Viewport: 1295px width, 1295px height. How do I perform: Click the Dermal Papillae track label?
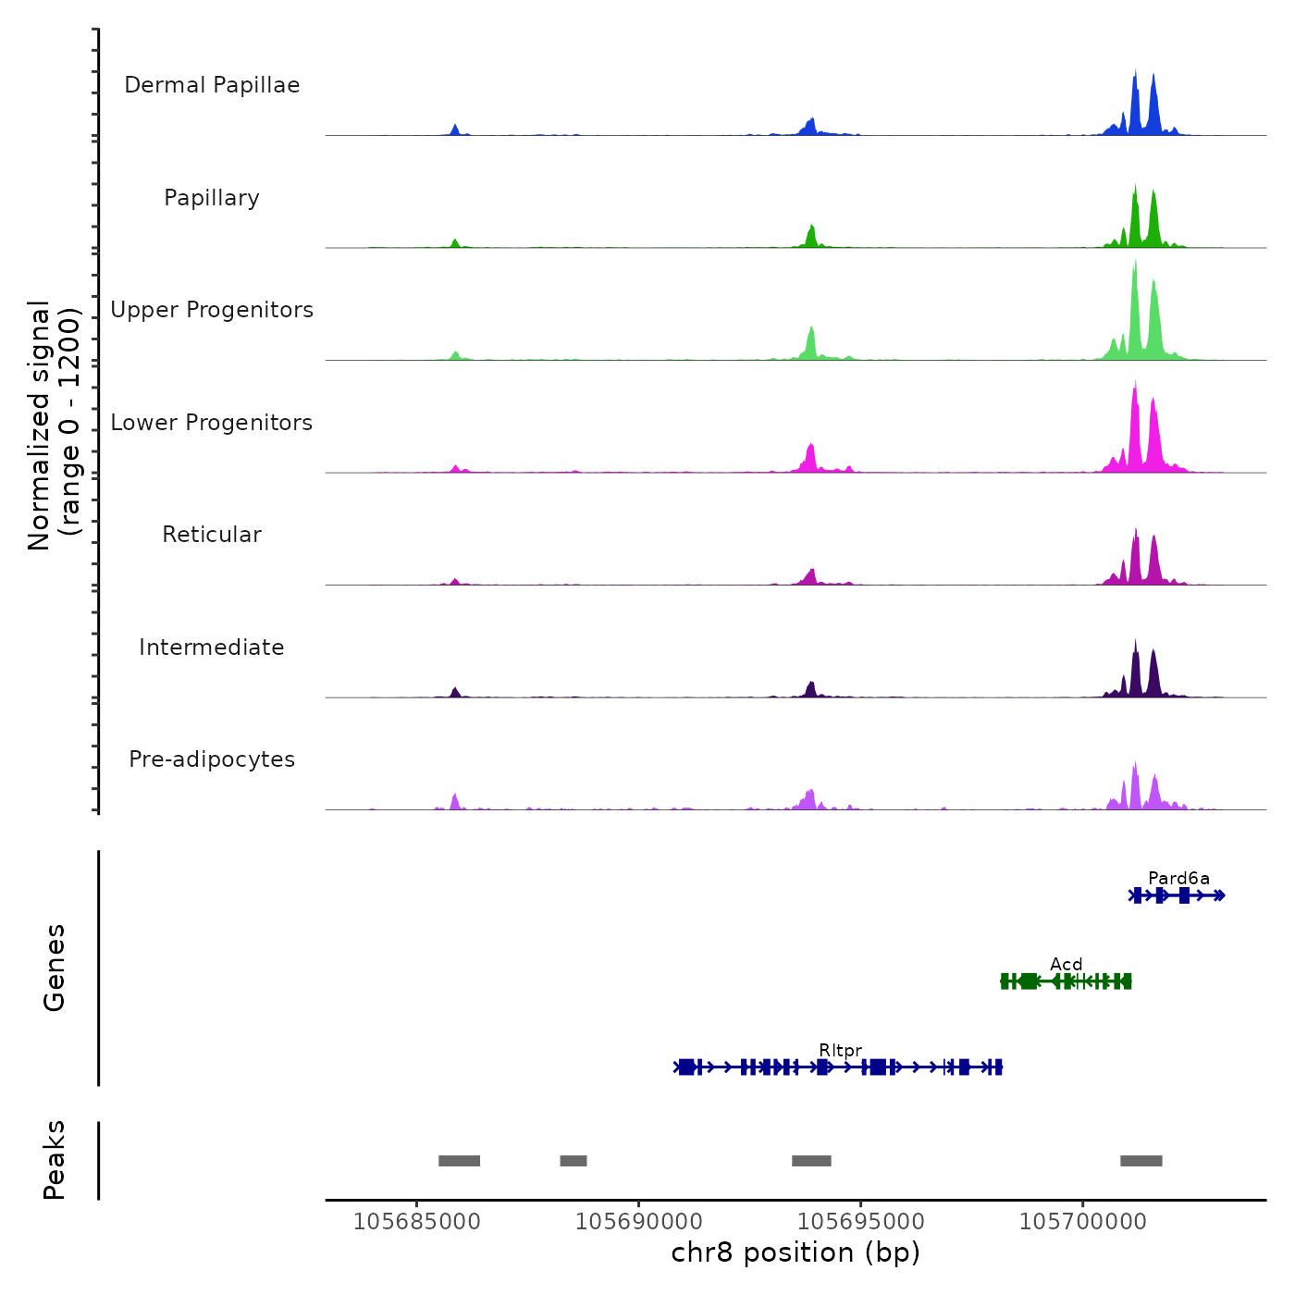[212, 85]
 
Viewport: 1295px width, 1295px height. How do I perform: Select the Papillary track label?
[212, 198]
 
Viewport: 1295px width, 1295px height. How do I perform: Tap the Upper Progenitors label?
[212, 310]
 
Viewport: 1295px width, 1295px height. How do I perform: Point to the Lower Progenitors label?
[212, 423]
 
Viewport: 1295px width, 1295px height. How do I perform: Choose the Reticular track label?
[212, 535]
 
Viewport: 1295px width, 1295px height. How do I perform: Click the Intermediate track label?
[212, 647]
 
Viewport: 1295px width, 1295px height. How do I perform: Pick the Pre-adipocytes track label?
[212, 759]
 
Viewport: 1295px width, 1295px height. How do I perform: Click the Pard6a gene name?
[1178, 879]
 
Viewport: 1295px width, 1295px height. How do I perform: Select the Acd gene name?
[1066, 965]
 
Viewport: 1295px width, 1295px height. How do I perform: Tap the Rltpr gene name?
[840, 1051]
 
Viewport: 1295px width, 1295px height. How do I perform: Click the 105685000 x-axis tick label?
[417, 1222]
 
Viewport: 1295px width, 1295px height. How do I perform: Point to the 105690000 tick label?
[639, 1222]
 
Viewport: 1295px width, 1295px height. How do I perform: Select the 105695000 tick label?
[861, 1222]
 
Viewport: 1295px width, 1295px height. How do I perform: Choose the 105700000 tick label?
[1083, 1222]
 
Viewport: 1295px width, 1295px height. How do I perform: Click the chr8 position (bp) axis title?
[795, 1253]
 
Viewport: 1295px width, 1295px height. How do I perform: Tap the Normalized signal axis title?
[54, 425]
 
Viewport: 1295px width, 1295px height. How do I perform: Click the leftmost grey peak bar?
[459, 1161]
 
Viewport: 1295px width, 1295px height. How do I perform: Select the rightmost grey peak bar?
[1141, 1161]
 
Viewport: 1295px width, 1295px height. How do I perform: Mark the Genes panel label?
[55, 968]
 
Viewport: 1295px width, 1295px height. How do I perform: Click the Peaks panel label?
[55, 1160]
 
